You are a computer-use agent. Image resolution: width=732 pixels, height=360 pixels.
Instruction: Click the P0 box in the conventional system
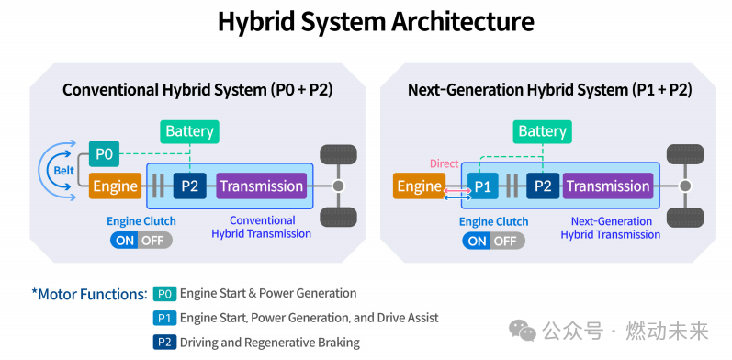pos(104,153)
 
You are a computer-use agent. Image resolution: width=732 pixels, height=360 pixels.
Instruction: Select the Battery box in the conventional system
pos(189,131)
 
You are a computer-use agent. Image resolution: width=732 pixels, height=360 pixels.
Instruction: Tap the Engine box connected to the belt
pos(116,186)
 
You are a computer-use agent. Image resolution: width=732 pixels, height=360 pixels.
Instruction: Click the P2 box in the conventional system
pos(189,186)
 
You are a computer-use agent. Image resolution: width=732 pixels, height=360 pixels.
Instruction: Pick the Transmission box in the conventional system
pos(262,186)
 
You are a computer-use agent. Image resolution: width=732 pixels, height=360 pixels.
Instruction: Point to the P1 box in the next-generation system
pos(483,186)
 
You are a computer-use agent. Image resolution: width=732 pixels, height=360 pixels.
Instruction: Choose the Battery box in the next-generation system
pos(543,131)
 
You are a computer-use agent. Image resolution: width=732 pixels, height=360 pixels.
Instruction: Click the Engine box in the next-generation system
pos(419,186)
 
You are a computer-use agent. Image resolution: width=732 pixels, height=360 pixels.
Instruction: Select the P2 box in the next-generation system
pos(543,186)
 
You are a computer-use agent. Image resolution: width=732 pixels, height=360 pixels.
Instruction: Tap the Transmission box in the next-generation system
pos(608,186)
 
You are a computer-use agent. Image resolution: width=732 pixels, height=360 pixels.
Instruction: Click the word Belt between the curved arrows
pos(64,171)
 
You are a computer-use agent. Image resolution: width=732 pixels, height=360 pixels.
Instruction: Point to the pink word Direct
pos(444,163)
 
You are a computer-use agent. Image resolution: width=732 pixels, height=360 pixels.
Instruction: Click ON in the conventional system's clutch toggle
pos(125,241)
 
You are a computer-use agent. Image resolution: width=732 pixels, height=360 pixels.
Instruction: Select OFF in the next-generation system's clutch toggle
pos(505,242)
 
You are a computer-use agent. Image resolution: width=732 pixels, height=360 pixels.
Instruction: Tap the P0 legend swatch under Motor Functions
pos(164,294)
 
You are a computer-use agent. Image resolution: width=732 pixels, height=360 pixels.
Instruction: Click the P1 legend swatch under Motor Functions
pos(164,318)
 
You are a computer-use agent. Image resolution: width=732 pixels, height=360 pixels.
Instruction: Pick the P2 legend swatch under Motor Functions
pos(164,343)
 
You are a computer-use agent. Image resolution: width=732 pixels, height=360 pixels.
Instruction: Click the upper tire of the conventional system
pos(338,154)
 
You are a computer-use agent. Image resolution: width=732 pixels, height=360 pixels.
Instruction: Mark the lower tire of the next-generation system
pos(685,218)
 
